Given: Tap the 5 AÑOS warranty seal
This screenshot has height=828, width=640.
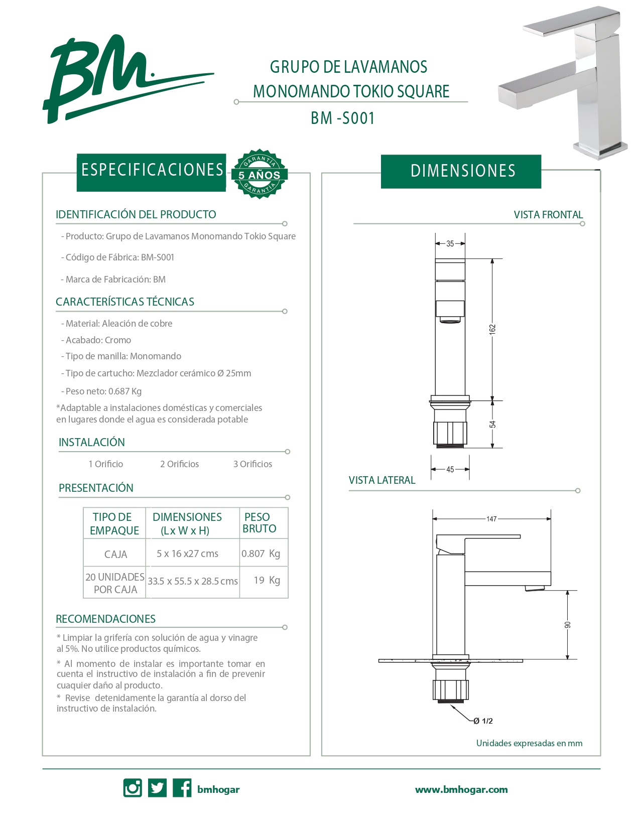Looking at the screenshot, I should click(x=259, y=174).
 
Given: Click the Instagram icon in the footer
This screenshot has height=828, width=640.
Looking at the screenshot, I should click(x=133, y=788).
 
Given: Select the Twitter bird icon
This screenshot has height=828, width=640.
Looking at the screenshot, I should click(x=157, y=788).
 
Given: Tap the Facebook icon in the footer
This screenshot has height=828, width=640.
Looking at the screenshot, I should click(x=182, y=788).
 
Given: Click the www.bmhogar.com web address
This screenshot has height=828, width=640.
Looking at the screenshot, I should click(x=461, y=789).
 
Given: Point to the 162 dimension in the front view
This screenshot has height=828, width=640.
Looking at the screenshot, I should click(x=492, y=329).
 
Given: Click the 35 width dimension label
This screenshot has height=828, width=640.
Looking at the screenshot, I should click(x=450, y=244).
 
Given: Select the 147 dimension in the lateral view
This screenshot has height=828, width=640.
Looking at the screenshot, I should click(x=491, y=519).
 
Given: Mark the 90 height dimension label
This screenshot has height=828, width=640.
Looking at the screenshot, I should click(x=568, y=625).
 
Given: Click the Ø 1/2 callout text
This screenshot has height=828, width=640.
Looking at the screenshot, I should click(x=483, y=721).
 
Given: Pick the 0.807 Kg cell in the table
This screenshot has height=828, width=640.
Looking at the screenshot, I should click(x=261, y=554).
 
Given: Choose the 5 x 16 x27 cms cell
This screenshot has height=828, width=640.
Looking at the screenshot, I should click(x=188, y=554).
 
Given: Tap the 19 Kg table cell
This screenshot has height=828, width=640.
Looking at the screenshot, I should click(x=267, y=580).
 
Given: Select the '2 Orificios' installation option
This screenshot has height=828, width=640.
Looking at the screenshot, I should click(x=179, y=464).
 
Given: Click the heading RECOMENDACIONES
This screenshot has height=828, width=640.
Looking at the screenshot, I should click(x=105, y=619).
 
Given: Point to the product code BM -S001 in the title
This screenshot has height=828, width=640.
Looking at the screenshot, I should click(x=343, y=118).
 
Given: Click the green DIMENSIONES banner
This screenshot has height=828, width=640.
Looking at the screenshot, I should click(x=461, y=171).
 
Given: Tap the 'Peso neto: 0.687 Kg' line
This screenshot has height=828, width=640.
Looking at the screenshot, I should click(x=103, y=391).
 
